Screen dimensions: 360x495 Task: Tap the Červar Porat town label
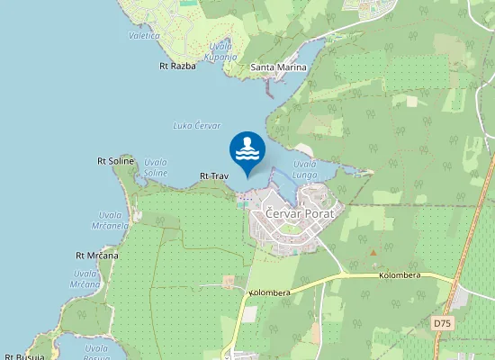point(299,213)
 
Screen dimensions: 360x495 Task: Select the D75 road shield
point(440,322)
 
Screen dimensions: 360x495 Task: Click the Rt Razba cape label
point(177,66)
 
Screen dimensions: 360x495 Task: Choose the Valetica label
point(144,36)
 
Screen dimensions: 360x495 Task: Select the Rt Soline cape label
point(115,160)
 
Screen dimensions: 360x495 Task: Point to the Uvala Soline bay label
point(155,167)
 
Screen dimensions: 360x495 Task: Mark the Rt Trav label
point(214,175)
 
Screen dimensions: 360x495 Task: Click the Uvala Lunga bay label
point(305,169)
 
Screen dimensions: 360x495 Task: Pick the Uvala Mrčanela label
point(110,220)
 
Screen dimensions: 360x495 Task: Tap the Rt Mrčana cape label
point(96,256)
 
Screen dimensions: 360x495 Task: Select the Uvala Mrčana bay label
point(85,279)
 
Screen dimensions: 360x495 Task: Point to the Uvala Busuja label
point(96,352)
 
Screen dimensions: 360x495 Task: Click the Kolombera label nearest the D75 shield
point(400,275)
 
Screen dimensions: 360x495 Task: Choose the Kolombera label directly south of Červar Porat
point(269,292)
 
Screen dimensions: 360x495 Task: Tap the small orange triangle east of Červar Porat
point(373,253)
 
